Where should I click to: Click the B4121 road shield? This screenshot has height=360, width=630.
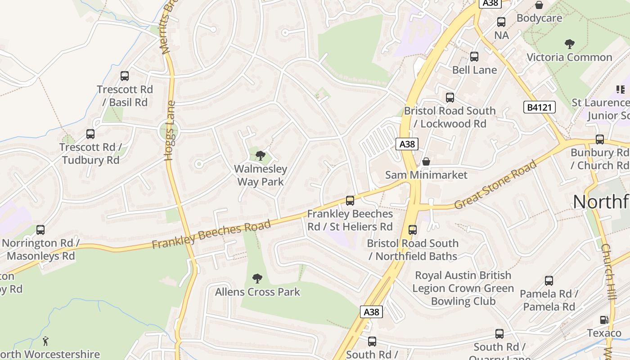click(x=539, y=107)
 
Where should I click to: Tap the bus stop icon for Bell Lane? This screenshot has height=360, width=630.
click(x=474, y=57)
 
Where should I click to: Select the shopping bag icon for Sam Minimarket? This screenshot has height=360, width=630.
click(x=426, y=161)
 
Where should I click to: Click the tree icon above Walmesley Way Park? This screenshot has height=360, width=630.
click(x=260, y=156)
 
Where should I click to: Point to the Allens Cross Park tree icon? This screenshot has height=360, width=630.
click(x=257, y=279)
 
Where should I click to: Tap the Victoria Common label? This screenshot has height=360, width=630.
click(x=569, y=57)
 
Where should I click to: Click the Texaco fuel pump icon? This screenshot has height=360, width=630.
click(x=604, y=320)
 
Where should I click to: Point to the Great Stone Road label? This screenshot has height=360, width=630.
click(x=495, y=184)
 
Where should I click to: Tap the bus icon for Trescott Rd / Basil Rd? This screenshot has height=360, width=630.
click(x=125, y=76)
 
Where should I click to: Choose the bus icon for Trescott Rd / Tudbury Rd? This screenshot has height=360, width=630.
click(x=90, y=134)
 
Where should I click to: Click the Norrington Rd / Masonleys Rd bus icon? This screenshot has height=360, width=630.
click(x=40, y=230)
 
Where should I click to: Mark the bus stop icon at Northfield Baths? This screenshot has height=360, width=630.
click(x=413, y=230)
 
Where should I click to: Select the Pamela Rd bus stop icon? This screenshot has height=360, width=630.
click(x=549, y=281)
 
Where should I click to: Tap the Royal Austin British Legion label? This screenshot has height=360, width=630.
click(x=463, y=288)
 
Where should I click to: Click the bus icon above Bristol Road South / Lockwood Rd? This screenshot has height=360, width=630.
click(x=450, y=98)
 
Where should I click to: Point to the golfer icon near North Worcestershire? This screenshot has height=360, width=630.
click(x=45, y=341)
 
